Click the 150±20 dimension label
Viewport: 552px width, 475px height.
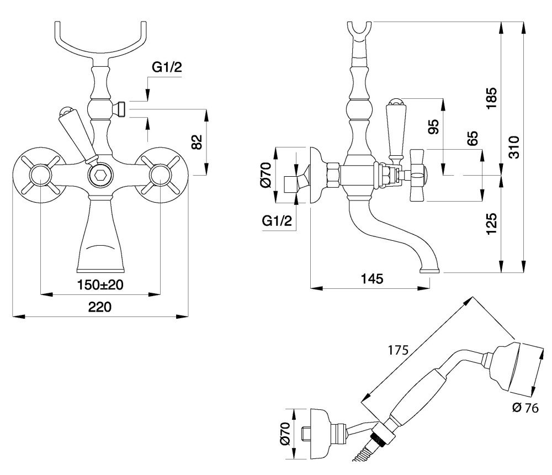pyautogui.click(x=100, y=284)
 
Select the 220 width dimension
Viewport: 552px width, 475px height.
pyautogui.click(x=99, y=307)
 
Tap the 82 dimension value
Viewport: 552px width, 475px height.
pyautogui.click(x=198, y=141)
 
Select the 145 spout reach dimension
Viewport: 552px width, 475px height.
pyautogui.click(x=372, y=279)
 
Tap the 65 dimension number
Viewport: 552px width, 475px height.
pyautogui.click(x=473, y=138)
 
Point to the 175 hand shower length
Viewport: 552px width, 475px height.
pyautogui.click(x=398, y=350)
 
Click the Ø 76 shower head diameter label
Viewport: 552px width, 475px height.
pyautogui.click(x=526, y=408)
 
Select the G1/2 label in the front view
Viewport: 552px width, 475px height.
pyautogui.click(x=167, y=67)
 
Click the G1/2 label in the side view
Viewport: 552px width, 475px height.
pyautogui.click(x=277, y=221)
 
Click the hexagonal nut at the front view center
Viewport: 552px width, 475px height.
pyautogui.click(x=99, y=176)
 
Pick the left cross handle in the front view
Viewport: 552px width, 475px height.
pyautogui.click(x=40, y=175)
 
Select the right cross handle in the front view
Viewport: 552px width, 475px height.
pyautogui.click(x=160, y=175)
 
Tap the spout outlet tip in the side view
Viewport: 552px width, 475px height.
pyautogui.click(x=430, y=271)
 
